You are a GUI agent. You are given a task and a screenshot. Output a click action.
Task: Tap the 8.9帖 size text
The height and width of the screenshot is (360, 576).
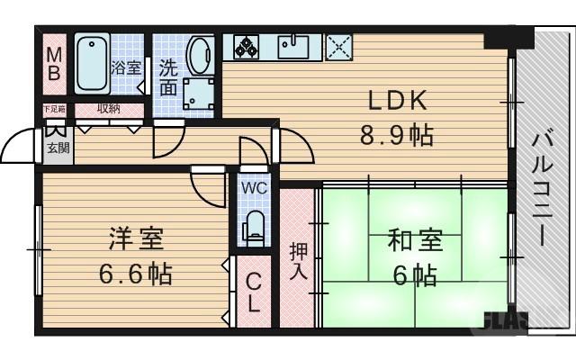(x=396, y=136)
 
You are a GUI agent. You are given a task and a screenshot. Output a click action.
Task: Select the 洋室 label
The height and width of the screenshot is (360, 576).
(x=135, y=240)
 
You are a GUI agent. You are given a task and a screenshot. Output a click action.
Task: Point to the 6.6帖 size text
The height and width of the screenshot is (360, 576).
(x=135, y=273)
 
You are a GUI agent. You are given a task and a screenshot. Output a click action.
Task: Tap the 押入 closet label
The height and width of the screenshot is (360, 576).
(x=297, y=258)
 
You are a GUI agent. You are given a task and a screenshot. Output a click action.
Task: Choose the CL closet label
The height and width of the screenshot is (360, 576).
(x=254, y=292)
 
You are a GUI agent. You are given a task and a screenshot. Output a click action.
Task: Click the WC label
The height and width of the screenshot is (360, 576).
(x=253, y=190)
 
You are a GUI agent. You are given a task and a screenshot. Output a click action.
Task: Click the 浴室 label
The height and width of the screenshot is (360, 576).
(x=125, y=67)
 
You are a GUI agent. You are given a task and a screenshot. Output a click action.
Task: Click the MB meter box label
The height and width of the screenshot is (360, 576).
(x=54, y=63)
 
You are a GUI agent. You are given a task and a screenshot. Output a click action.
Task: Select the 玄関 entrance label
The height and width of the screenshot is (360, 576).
(x=57, y=148)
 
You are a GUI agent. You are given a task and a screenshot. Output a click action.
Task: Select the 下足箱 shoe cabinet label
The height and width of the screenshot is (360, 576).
(x=55, y=110)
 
